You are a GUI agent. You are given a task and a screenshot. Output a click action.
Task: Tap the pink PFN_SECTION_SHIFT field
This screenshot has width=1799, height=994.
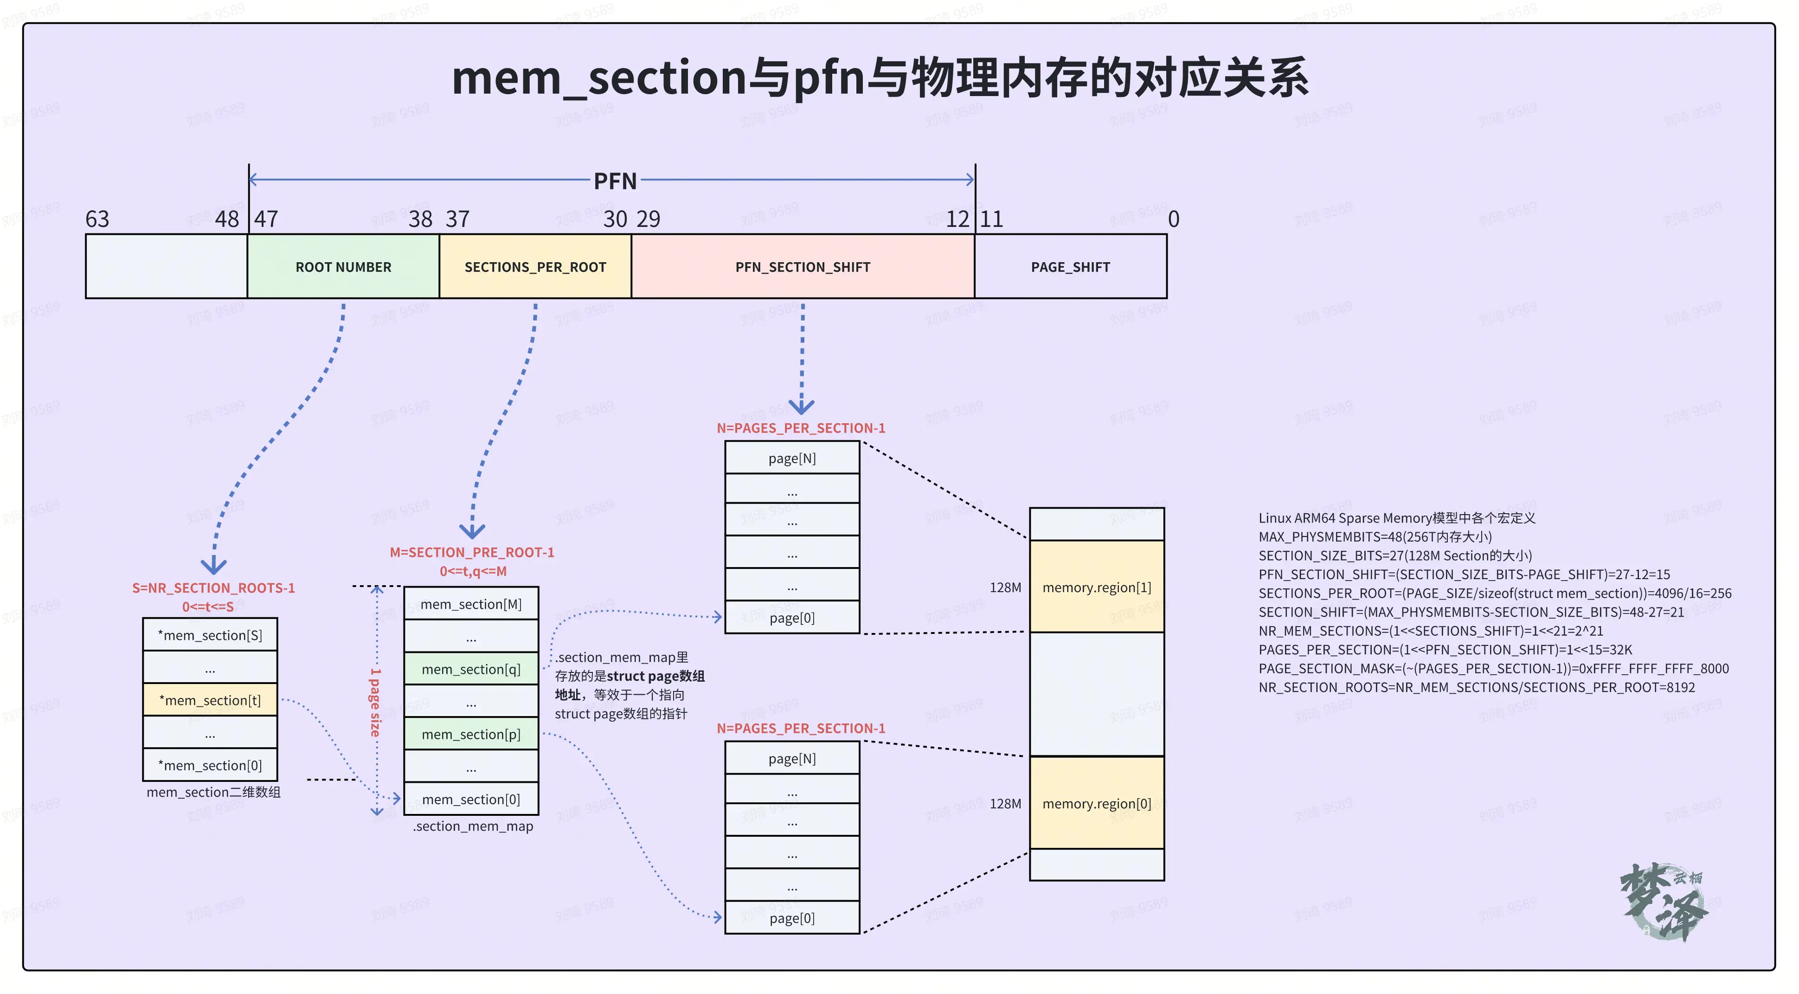point(803,267)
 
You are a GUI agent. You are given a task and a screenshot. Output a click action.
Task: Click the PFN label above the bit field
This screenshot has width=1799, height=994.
point(615,181)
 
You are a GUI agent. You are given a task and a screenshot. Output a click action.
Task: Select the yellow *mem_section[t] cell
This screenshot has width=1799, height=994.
point(210,700)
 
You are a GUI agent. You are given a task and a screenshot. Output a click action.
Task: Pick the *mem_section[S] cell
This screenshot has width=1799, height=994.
point(210,635)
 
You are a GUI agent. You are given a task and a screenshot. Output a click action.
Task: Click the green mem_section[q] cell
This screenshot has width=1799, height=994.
point(471,669)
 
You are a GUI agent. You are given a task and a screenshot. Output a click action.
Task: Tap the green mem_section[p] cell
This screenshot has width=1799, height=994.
point(471,734)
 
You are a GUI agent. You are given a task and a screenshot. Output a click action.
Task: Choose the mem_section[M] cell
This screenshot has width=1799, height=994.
point(471,604)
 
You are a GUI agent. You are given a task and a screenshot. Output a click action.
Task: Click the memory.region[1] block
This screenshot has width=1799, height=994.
point(1097,587)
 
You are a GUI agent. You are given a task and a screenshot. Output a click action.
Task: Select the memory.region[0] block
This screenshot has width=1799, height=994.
point(1097,803)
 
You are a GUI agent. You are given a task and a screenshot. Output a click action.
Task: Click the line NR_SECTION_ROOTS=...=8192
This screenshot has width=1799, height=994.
point(1476,687)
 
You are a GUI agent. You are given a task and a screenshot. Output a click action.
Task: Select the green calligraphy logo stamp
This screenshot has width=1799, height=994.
point(1664,901)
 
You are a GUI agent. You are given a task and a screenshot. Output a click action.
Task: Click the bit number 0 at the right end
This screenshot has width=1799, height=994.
point(1173,219)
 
